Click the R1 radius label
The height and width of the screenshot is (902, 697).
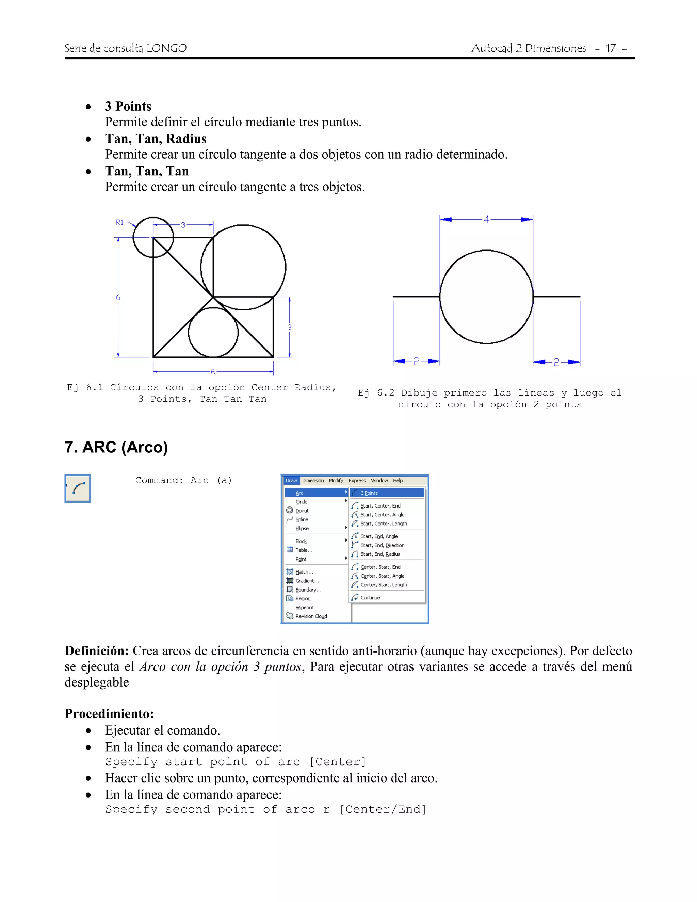click(x=119, y=222)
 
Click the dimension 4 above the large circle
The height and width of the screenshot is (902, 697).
click(x=486, y=219)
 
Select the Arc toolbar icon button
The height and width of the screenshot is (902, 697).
click(x=78, y=488)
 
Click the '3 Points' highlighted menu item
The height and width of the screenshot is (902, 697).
click(x=369, y=493)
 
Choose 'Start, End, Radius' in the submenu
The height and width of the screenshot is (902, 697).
click(x=380, y=554)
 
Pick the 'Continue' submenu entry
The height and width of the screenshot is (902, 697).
click(x=370, y=598)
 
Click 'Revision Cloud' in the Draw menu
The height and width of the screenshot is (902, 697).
click(x=311, y=616)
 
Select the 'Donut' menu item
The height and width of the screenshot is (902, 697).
click(x=302, y=511)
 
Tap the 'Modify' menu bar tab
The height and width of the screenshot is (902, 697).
click(x=336, y=480)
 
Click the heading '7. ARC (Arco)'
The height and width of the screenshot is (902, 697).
click(x=116, y=447)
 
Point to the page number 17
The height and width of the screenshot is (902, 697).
click(x=610, y=48)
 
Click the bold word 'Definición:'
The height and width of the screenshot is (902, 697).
click(x=97, y=650)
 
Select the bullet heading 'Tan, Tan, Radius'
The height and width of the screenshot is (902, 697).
click(x=155, y=139)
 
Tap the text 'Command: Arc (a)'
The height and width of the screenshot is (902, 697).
click(x=183, y=480)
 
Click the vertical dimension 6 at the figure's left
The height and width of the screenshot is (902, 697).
click(x=118, y=297)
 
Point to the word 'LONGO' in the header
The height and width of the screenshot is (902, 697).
click(x=166, y=48)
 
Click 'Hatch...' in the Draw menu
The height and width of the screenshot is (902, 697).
click(x=304, y=572)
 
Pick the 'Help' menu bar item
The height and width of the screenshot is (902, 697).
click(x=397, y=480)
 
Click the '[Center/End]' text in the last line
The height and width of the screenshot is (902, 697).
click(x=383, y=809)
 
